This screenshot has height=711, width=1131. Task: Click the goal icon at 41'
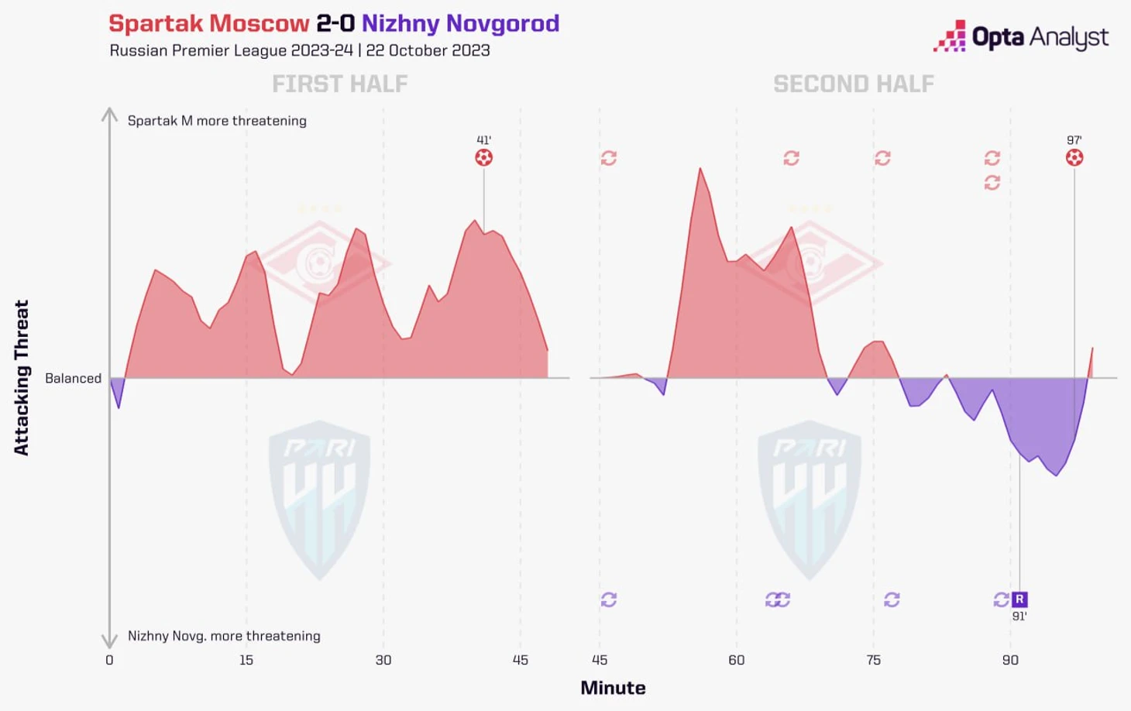point(483,158)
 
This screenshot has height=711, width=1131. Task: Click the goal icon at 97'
point(1074,158)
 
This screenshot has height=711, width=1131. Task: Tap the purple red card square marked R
point(1019,599)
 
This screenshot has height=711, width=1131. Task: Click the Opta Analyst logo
point(1021,37)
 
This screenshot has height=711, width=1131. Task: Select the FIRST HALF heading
point(339,84)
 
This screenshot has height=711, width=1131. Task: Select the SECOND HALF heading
point(853,84)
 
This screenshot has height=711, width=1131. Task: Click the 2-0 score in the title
point(335,23)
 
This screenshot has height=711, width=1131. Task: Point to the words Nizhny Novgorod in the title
point(460,23)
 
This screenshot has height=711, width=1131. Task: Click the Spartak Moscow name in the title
point(209,23)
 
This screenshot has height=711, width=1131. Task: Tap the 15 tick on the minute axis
point(246,660)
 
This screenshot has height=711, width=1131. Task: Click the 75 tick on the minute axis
point(873,660)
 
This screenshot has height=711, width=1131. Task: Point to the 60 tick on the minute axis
point(736,660)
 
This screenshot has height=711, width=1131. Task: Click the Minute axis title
point(613,688)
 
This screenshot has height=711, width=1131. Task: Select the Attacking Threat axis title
point(22,378)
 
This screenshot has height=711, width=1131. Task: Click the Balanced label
point(73,378)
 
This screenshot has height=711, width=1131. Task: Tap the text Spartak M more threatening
point(217,121)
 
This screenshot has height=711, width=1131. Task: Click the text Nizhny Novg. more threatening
point(224,636)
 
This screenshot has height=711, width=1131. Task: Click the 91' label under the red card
point(1019,617)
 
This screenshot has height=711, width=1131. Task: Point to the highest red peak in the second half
point(700,169)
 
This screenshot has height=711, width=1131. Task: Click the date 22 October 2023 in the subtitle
point(428,50)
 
